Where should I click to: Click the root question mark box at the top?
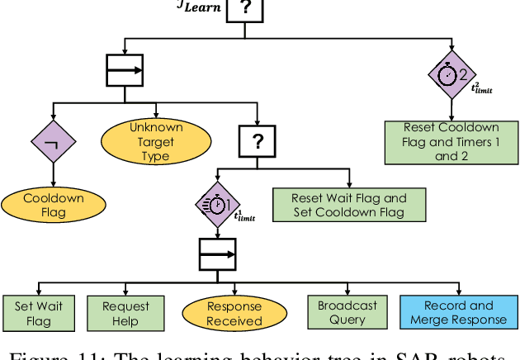pos(246,10)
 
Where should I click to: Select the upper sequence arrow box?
pos(125,71)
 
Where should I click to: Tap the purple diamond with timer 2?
pos(451,73)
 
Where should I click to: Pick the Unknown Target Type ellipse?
pos(155,142)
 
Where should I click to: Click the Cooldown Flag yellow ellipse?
pos(54,206)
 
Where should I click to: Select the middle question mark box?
pos(258,142)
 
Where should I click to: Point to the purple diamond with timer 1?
pos(218,204)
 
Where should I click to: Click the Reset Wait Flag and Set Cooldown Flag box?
pos(349,205)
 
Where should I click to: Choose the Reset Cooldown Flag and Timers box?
pos(447,141)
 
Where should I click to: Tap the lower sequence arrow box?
pos(218,254)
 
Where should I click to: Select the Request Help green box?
pos(126,313)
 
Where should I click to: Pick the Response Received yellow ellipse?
pos(234,313)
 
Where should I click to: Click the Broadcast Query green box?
pos(347,313)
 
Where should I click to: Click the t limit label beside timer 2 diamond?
pos(482,88)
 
